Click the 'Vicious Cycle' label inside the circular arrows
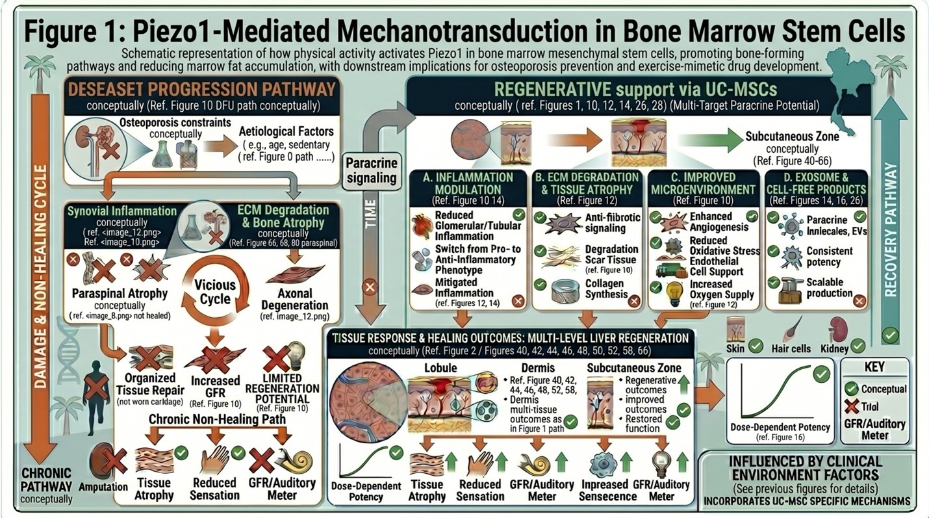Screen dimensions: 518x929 pyautogui.click(x=215, y=292)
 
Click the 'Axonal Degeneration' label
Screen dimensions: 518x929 pyautogui.click(x=294, y=300)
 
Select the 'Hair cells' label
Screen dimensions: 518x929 pyautogui.click(x=791, y=349)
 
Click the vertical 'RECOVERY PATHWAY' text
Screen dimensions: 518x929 pyautogui.click(x=891, y=214)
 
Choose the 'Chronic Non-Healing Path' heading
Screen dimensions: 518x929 pyautogui.click(x=217, y=420)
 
